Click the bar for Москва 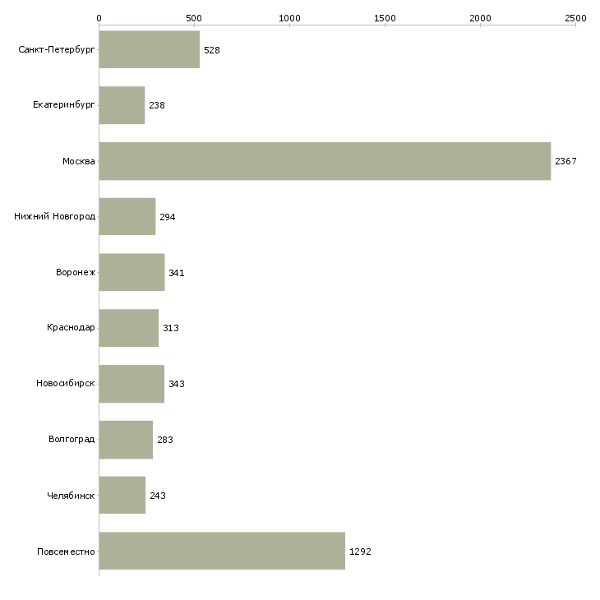click(325, 161)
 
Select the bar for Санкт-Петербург click(150, 49)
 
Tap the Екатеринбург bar click(122, 105)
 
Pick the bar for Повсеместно click(222, 551)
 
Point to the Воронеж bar click(132, 272)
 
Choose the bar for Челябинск click(122, 495)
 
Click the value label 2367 click(565, 161)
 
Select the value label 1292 click(360, 552)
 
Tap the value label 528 click(211, 50)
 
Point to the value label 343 click(177, 384)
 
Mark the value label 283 click(165, 440)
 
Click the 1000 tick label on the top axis click(289, 18)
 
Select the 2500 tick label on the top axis click(575, 18)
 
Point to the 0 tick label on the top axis click(99, 18)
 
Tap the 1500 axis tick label click(385, 18)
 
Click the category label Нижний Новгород click(55, 217)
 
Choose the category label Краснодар click(71, 328)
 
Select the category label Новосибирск click(66, 383)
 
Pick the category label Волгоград click(72, 439)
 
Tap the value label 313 click(171, 328)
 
